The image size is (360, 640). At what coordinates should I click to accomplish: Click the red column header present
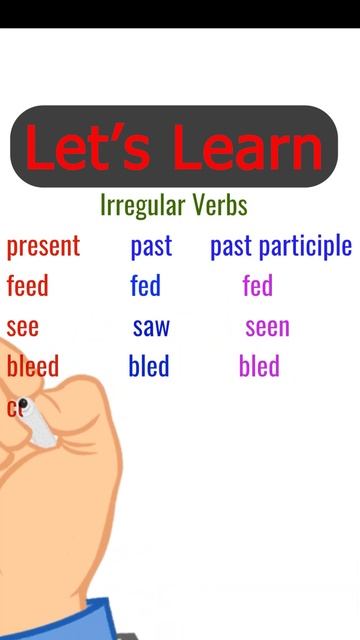[x=43, y=247]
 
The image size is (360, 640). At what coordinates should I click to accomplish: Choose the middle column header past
[x=151, y=247]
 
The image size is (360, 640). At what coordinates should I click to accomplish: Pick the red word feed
[x=27, y=287]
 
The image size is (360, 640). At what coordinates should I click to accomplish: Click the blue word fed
[x=145, y=287]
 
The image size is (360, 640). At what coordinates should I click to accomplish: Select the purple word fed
[x=257, y=287]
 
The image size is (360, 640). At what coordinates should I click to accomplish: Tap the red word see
[x=23, y=328]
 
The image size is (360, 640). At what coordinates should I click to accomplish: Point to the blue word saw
[x=151, y=328]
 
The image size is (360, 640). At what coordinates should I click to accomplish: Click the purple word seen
[x=267, y=328]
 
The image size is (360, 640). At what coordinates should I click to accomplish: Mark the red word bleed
[x=33, y=367]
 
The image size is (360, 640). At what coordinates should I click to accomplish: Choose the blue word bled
[x=149, y=367]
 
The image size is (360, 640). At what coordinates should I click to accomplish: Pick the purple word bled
[x=259, y=367]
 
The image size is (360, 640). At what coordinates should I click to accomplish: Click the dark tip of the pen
[x=25, y=406]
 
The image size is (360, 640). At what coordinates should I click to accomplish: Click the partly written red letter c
[x=13, y=408]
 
